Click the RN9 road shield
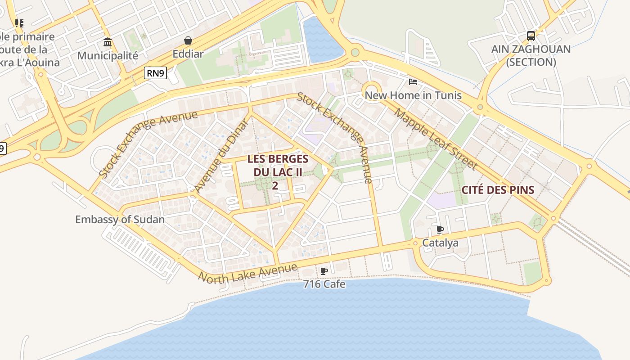pyautogui.click(x=155, y=73)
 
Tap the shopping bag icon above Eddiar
pyautogui.click(x=188, y=41)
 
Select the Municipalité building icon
pyautogui.click(x=108, y=42)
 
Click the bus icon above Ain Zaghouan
pyautogui.click(x=531, y=36)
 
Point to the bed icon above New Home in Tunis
pyautogui.click(x=413, y=81)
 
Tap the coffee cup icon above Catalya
pyautogui.click(x=440, y=230)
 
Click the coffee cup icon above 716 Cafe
pyautogui.click(x=324, y=271)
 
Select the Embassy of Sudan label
pyautogui.click(x=120, y=220)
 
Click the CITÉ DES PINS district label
pyautogui.click(x=498, y=190)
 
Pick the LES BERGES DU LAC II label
pyautogui.click(x=278, y=166)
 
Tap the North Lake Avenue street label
pyautogui.click(x=248, y=273)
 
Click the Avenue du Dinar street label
pyautogui.click(x=222, y=156)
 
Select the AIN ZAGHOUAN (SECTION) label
pyautogui.click(x=531, y=55)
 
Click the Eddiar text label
pyautogui.click(x=188, y=54)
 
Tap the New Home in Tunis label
pyautogui.click(x=413, y=95)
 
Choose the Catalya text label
pyautogui.click(x=440, y=243)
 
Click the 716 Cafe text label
pyautogui.click(x=324, y=284)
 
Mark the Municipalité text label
pyautogui.click(x=108, y=56)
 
